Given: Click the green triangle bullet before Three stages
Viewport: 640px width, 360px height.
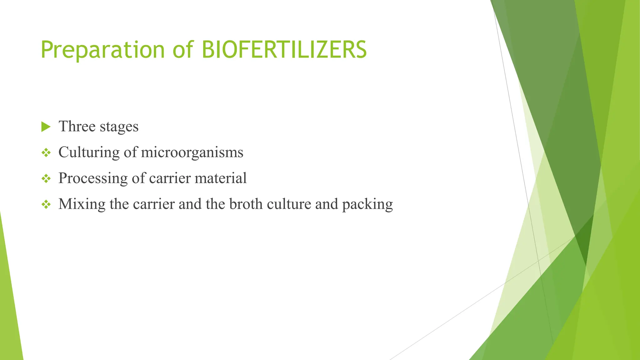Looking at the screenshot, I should coord(46,127).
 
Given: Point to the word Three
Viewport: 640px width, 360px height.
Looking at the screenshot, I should coord(77,126).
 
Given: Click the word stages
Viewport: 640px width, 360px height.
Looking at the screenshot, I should coord(119,127).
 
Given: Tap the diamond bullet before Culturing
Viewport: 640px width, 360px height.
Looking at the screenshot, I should coord(46,153).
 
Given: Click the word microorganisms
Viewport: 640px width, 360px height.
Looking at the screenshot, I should coord(192,152).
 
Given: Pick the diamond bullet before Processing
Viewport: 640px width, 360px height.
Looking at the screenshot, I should coord(46,179).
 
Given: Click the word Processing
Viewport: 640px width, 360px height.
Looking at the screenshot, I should coord(93,178).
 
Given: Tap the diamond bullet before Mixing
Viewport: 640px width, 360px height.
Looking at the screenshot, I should coord(46,205).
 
